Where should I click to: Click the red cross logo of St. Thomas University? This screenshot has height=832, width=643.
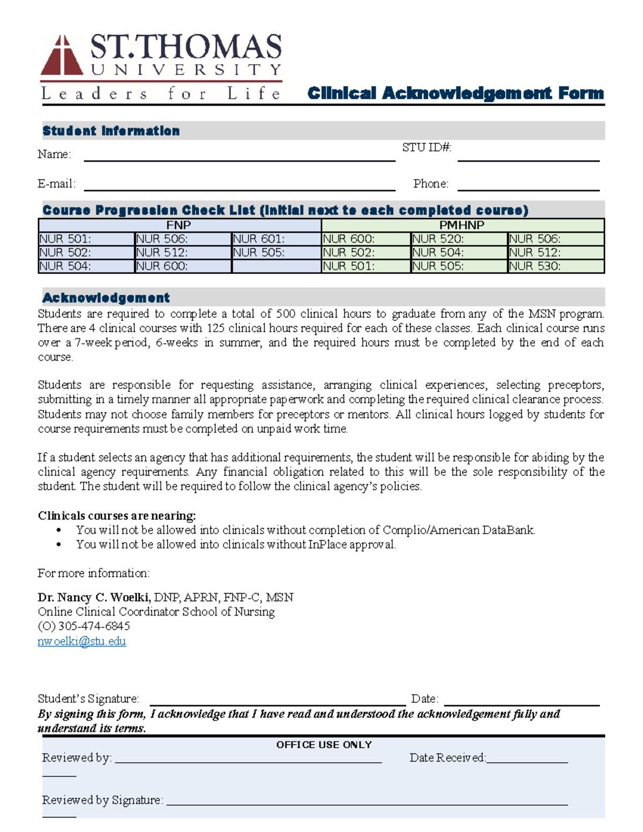tap(62, 56)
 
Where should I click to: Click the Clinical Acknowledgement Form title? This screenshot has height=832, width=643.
tap(455, 93)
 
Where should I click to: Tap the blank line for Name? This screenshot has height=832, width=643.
tap(239, 156)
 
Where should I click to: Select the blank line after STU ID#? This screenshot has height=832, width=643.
tap(528, 156)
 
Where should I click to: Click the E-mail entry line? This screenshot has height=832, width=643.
tap(239, 185)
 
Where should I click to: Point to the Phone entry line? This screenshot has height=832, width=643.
tap(528, 185)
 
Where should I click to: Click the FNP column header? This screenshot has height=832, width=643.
tap(178, 226)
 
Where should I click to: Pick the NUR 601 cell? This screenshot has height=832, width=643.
tap(275, 239)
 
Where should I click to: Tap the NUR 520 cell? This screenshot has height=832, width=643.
tap(458, 239)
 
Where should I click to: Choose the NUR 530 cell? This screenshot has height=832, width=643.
tap(555, 266)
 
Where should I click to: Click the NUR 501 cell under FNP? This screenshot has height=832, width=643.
tap(86, 239)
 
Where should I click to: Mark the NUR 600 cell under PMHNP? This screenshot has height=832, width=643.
tap(365, 239)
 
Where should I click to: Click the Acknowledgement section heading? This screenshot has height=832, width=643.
tap(106, 298)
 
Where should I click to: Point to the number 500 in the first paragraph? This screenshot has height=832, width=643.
tap(285, 314)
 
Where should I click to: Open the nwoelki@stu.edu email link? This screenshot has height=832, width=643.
tap(81, 641)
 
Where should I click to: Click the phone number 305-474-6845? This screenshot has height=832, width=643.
tap(94, 626)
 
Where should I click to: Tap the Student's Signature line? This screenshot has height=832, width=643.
tap(278, 701)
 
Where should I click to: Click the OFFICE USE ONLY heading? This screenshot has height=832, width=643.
tap(324, 745)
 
